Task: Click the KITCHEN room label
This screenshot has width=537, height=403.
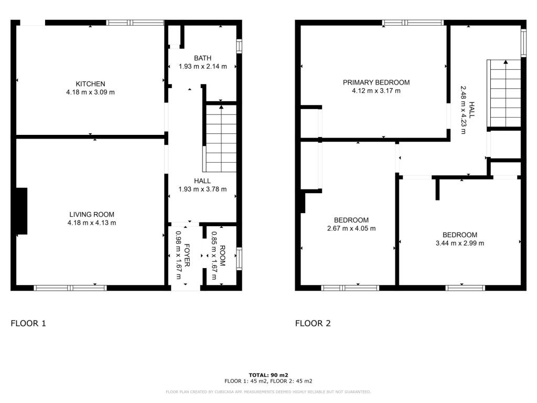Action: [90, 84]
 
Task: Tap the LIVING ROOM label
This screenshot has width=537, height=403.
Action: [92, 215]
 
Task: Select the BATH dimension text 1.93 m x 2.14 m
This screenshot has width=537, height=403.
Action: [203, 67]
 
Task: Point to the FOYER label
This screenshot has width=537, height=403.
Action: [187, 256]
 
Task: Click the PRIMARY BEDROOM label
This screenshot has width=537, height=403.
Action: [377, 82]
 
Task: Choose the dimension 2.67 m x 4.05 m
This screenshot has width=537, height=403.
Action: [351, 229]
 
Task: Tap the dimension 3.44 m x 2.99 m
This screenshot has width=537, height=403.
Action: [460, 243]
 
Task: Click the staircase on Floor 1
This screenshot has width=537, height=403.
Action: [221, 139]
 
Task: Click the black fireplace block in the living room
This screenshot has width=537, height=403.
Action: [21, 211]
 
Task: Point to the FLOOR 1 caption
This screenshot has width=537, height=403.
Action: [28, 323]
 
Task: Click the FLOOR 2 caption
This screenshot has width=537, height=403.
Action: [313, 323]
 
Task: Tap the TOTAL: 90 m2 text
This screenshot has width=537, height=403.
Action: [268, 375]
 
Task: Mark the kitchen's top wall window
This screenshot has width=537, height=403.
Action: [135, 23]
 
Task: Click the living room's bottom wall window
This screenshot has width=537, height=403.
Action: [70, 288]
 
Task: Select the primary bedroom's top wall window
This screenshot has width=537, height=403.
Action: [413, 23]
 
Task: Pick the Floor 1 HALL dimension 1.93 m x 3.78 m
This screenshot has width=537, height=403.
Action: [203, 189]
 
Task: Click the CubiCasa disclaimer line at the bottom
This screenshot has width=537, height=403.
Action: [268, 392]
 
